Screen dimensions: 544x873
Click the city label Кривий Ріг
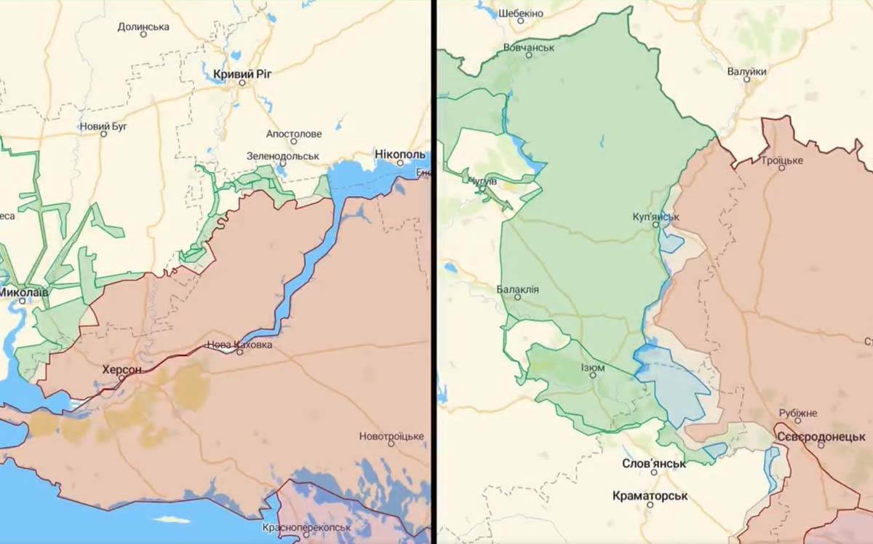pos(242,74)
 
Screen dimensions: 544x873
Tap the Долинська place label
pos(143,27)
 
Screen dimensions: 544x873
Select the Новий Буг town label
pos(103,126)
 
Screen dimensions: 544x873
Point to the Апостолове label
pos(293,134)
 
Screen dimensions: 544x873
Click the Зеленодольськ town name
pos(283,156)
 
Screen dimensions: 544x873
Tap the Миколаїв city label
pos(23,291)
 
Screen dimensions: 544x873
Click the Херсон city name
pos(122,370)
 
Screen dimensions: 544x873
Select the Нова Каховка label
pos(239,344)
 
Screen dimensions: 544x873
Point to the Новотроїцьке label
pos(391,436)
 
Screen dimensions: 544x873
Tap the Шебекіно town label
pos(520,13)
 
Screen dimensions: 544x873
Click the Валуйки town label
pos(746,71)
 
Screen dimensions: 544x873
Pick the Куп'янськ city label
pos(655,216)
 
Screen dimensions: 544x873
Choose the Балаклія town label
pos(517,289)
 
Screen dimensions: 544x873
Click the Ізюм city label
pos(593,368)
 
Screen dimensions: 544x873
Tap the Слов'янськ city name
pos(653,463)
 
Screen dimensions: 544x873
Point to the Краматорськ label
pos(650,496)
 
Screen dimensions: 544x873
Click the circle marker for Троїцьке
pos(782,167)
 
